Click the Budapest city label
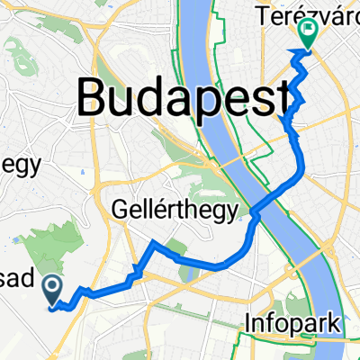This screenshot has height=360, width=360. pos(184,93)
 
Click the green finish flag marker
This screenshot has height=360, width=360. pos(308,33)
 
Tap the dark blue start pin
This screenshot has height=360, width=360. pos(53,290)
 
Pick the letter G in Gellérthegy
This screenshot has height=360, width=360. pos(122,211)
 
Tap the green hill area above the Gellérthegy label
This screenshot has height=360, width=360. pos(202,180)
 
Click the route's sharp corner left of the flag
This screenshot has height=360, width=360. pos(291,55)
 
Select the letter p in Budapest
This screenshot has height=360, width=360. pos(202,97)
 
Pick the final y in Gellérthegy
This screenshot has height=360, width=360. pos(234,214)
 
